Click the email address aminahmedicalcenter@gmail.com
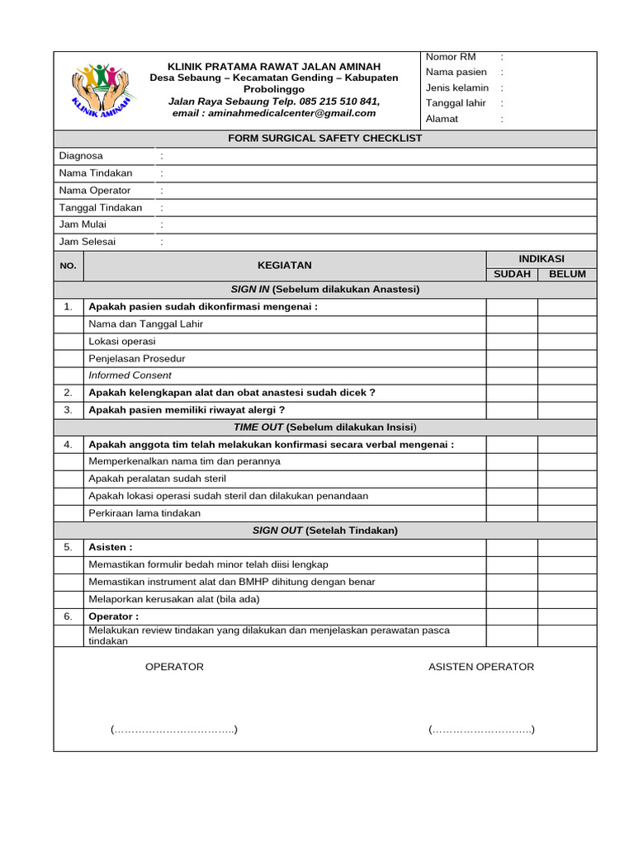pyautogui.click(x=273, y=113)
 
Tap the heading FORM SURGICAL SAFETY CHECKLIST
pyautogui.click(x=324, y=138)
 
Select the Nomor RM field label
pyautogui.click(x=451, y=57)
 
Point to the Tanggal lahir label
pyautogui.click(x=456, y=103)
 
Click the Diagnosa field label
pyautogui.click(x=81, y=156)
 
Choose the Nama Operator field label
pyautogui.click(x=95, y=191)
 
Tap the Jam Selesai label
pyautogui.click(x=88, y=242)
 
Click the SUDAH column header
pyautogui.click(x=512, y=274)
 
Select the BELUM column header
pyautogui.click(x=567, y=274)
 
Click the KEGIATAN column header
pyautogui.click(x=285, y=266)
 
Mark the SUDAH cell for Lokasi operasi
pyautogui.click(x=512, y=341)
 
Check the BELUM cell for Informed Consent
pyautogui.click(x=567, y=375)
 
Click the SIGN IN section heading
pyautogui.click(x=324, y=290)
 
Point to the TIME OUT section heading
pyautogui.click(x=324, y=427)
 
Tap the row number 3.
pyautogui.click(x=69, y=410)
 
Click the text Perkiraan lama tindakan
pyautogui.click(x=144, y=513)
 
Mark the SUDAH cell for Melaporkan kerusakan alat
pyautogui.click(x=512, y=599)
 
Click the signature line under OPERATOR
pyautogui.click(x=174, y=729)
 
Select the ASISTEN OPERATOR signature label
pyautogui.click(x=480, y=667)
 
